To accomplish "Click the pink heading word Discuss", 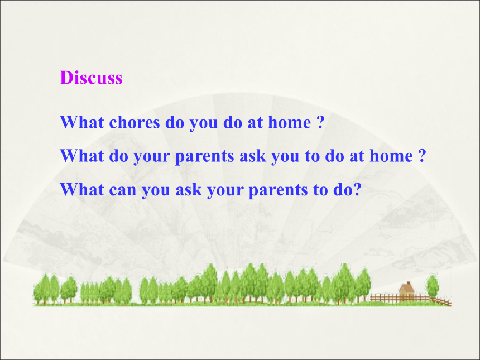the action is [91, 78].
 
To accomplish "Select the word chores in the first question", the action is [135, 122].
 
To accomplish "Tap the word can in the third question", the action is [122, 190].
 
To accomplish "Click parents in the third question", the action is [278, 190].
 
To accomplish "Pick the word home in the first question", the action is [290, 122].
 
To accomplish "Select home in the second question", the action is [391, 156].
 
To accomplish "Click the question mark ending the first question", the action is [320, 122].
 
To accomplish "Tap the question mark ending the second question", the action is [422, 156].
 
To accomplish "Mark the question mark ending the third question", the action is [357, 189].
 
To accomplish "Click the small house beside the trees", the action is [406, 289].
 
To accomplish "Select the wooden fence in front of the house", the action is [410, 299].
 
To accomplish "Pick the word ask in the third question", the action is [189, 189].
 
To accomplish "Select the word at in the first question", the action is [255, 122].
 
